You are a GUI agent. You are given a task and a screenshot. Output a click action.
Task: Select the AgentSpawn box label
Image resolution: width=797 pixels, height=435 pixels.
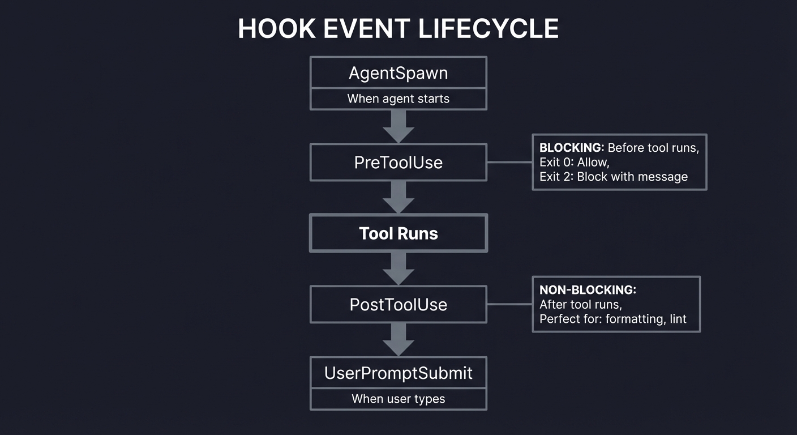coord(398,73)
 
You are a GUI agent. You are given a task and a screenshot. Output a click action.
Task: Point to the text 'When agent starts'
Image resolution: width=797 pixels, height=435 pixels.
coord(398,99)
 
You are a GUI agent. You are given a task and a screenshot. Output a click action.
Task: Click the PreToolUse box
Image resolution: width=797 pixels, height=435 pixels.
coord(398,163)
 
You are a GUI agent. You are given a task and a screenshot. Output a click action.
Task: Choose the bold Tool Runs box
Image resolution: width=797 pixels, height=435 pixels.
coord(398,233)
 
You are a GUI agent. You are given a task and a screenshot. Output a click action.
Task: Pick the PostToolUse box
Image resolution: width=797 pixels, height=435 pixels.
coord(398,304)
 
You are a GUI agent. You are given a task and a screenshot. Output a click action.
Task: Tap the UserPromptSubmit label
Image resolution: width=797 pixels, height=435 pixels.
coord(398,373)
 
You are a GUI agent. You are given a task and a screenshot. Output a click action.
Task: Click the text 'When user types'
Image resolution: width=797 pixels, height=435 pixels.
coord(398,399)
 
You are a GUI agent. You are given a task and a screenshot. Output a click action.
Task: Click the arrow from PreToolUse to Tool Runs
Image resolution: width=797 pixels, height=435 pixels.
coord(398,197)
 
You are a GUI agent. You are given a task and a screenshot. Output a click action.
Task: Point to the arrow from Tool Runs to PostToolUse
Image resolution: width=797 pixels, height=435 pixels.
coord(398,268)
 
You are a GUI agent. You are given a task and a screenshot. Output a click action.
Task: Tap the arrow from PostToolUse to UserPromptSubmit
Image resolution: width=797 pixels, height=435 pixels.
coord(398,339)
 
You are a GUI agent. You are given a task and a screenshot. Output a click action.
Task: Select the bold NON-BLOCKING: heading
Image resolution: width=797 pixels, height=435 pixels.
coord(588,290)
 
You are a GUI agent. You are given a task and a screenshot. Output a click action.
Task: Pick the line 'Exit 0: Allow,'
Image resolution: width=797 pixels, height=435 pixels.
coord(574,163)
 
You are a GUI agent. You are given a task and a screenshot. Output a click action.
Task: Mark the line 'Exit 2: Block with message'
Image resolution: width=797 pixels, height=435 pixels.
coord(613,177)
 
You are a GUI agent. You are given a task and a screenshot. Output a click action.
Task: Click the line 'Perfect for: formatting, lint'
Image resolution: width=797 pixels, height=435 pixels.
coord(612,319)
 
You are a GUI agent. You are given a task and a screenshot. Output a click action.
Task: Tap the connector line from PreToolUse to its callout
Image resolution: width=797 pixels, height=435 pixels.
coord(509,162)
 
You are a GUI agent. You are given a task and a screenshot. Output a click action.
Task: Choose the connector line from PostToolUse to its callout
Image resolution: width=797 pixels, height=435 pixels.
coord(509,304)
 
